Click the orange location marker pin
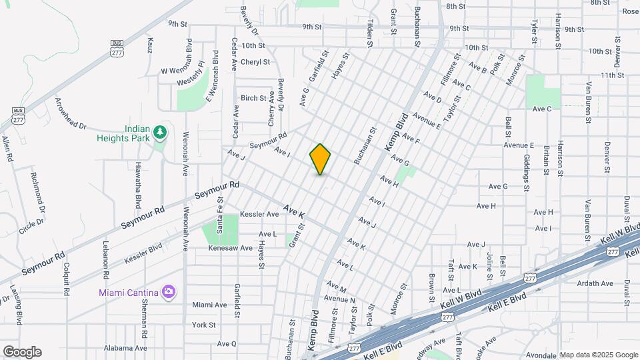click(x=320, y=159)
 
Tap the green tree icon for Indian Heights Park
click(x=159, y=133)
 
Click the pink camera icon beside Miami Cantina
click(x=169, y=292)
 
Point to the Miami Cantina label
click(x=128, y=293)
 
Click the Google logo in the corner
click(x=22, y=352)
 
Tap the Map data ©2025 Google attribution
click(x=598, y=355)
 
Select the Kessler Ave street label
click(x=259, y=215)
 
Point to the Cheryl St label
click(x=255, y=62)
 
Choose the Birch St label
click(x=253, y=98)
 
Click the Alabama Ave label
click(x=125, y=348)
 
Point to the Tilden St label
click(x=369, y=33)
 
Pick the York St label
click(x=203, y=325)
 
